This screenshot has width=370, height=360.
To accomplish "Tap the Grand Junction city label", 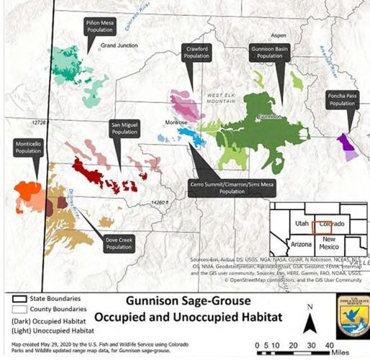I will (119, 45).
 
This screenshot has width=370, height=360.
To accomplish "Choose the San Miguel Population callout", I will (124, 128).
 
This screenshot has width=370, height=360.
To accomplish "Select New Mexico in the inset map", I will (328, 242).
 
